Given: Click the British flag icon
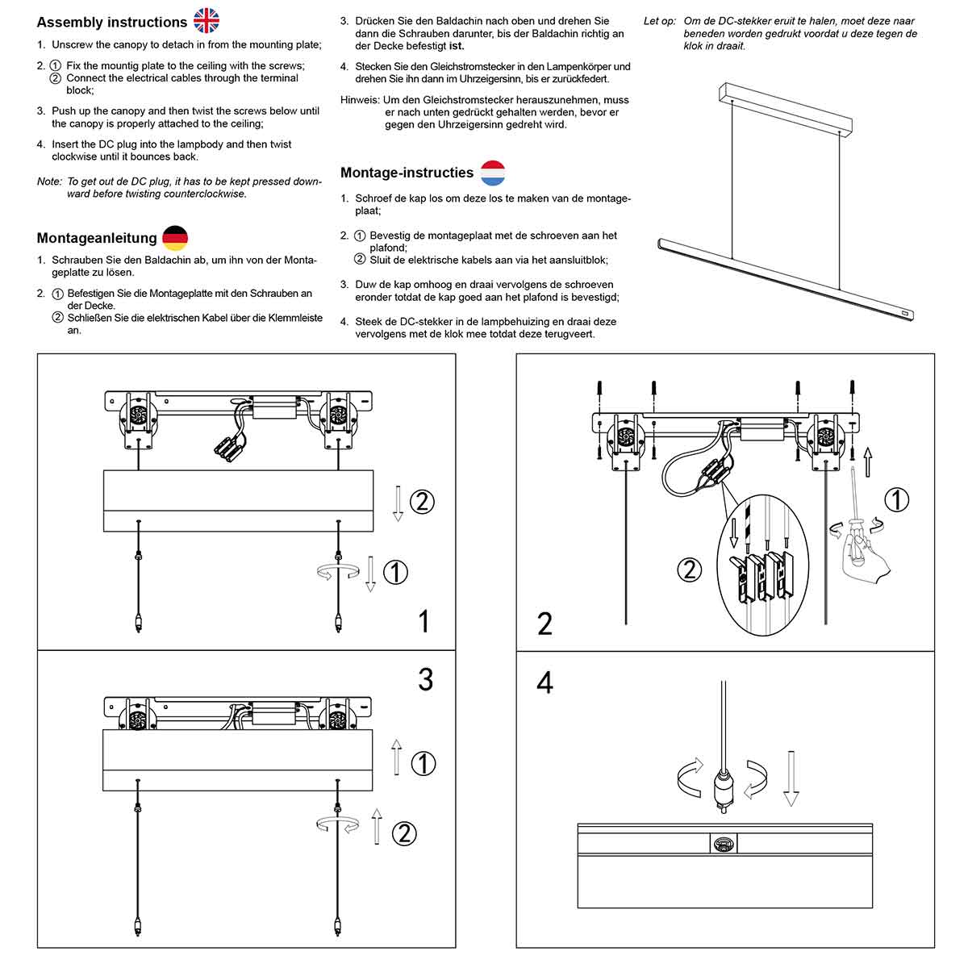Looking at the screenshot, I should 207,21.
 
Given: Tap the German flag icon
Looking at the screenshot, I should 175,238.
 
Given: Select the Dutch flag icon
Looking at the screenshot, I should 493,173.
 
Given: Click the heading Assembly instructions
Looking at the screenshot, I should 111,23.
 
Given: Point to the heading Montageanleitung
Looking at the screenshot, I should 97,239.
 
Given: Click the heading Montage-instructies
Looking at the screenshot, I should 407,173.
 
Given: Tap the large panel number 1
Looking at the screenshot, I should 423,621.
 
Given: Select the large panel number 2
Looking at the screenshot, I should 544,624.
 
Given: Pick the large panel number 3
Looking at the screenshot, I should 425,679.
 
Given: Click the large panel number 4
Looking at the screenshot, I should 544,682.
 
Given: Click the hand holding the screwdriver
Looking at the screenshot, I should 865,557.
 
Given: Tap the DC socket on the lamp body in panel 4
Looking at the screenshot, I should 724,844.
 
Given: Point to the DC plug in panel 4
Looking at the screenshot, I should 724,786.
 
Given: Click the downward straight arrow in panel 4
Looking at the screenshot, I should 791,778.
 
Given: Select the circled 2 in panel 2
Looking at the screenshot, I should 689,570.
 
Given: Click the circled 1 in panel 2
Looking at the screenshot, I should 896,500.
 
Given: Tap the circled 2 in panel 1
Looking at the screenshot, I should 422,502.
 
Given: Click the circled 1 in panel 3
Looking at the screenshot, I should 423,763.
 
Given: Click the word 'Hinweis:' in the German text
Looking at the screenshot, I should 360,101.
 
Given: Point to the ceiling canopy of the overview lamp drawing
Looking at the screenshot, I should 784,106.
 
